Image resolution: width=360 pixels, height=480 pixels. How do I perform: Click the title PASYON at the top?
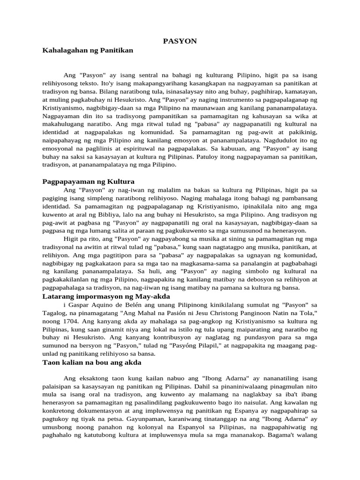point(180,41)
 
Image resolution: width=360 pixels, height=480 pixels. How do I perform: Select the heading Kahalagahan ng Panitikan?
point(88,50)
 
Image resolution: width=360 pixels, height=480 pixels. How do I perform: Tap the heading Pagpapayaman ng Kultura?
point(88,181)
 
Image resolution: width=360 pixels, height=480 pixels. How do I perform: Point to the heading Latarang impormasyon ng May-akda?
point(106,297)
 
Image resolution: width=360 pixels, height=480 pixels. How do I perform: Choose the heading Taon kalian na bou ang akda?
point(91,363)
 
